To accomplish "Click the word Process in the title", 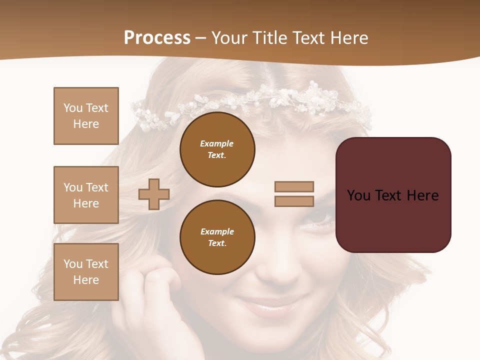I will tap(157, 38).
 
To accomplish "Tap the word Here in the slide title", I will tap(347, 38).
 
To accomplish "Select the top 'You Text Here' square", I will tap(86, 116).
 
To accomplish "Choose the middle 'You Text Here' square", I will tap(86, 195).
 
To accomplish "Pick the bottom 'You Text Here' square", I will tap(86, 272).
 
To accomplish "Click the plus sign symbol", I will tap(154, 194).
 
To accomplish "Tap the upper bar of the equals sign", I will tap(294, 186).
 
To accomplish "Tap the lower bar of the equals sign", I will tap(294, 201).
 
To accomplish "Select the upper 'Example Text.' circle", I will tap(217, 149).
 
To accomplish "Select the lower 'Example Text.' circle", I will tap(217, 237).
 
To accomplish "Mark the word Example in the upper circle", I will tap(217, 143).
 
